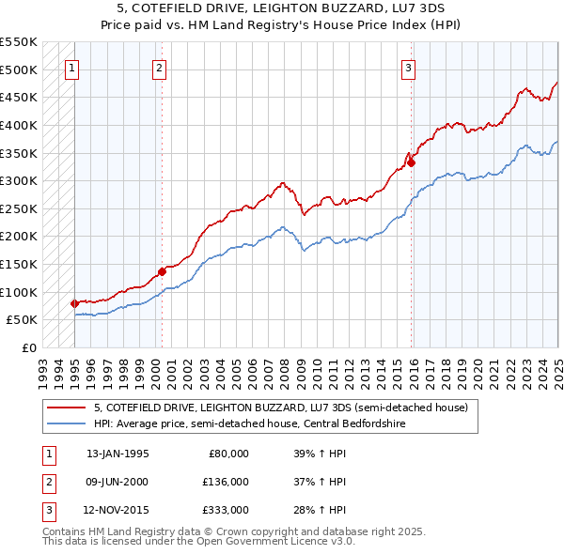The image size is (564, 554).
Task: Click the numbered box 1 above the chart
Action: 72,67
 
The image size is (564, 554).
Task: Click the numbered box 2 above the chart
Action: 160,67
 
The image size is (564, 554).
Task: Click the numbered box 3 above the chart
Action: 409,67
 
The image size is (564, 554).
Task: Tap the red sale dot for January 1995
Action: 74,303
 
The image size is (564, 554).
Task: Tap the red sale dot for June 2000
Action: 162,271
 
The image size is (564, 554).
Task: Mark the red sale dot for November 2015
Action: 412,162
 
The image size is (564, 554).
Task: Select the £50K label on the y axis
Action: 21,319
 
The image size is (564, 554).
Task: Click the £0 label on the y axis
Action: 28,347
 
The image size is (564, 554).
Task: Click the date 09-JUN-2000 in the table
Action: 117,483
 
